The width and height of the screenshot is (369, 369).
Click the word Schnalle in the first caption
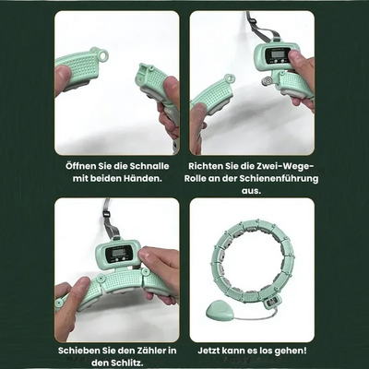pyautogui.click(x=149, y=166)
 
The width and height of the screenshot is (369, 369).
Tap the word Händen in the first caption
pyautogui.click(x=141, y=178)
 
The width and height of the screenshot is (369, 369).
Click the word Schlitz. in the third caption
pyautogui.click(x=125, y=363)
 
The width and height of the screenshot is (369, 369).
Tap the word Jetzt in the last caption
pyautogui.click(x=208, y=351)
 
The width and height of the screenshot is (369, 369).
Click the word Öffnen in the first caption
pyautogui.click(x=80, y=166)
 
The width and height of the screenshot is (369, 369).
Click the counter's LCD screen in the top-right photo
pyautogui.click(x=277, y=54)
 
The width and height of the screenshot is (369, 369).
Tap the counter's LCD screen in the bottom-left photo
pyautogui.click(x=119, y=253)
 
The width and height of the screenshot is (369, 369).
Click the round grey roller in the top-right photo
pyautogui.click(x=266, y=82)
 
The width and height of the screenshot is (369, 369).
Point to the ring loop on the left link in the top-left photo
pyautogui.click(x=103, y=54)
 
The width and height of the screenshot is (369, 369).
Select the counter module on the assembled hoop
pyautogui.click(x=271, y=302)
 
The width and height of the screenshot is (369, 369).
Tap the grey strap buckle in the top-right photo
pyautogui.click(x=254, y=23)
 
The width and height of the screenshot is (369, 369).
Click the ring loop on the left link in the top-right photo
pyautogui.click(x=230, y=78)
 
